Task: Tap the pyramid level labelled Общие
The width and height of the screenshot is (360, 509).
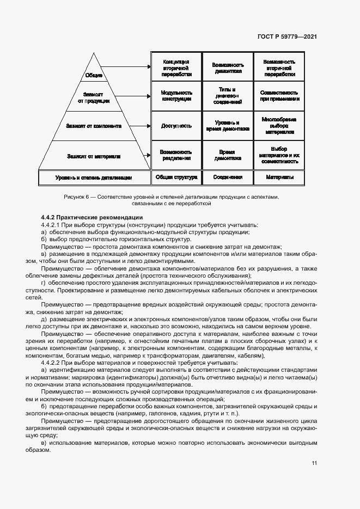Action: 94,75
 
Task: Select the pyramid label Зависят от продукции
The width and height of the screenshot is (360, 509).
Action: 94,97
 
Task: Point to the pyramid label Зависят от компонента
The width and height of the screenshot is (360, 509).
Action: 94,126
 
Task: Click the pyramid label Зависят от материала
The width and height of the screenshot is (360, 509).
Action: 94,156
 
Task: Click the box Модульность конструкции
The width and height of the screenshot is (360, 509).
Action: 176,96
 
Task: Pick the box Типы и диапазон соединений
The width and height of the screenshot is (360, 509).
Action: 227,96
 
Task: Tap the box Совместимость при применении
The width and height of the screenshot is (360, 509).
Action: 279,96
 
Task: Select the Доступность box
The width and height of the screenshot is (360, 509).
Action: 176,126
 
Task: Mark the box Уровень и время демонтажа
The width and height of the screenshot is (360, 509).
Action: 227,126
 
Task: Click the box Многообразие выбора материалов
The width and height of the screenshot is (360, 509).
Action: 279,126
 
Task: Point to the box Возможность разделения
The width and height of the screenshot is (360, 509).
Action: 176,155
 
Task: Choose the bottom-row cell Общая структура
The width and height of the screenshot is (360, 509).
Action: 176,177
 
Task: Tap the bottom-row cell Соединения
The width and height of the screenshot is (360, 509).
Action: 227,177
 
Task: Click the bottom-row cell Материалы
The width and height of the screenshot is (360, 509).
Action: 279,177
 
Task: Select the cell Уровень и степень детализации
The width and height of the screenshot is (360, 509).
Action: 94,177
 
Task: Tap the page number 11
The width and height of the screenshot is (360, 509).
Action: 314,463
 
